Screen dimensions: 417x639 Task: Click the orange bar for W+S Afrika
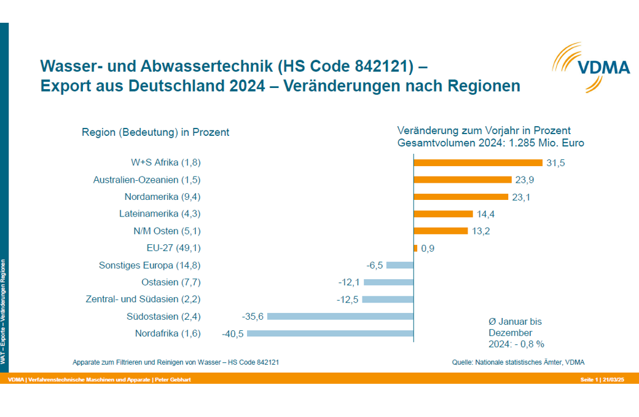(x=477, y=163)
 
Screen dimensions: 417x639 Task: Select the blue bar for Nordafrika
(x=330, y=333)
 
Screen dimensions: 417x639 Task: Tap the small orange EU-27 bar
(x=415, y=248)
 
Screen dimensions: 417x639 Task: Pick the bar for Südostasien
(x=340, y=316)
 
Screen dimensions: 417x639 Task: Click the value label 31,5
(x=556, y=163)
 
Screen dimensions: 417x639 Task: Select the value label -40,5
(x=233, y=334)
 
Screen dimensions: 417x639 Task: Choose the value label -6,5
(x=375, y=265)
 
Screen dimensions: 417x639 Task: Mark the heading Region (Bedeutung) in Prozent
(x=155, y=132)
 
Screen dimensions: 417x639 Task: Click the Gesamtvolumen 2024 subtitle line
(x=490, y=143)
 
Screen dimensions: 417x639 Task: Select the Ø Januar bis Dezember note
(x=516, y=333)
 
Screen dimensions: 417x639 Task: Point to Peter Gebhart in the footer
(x=173, y=380)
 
